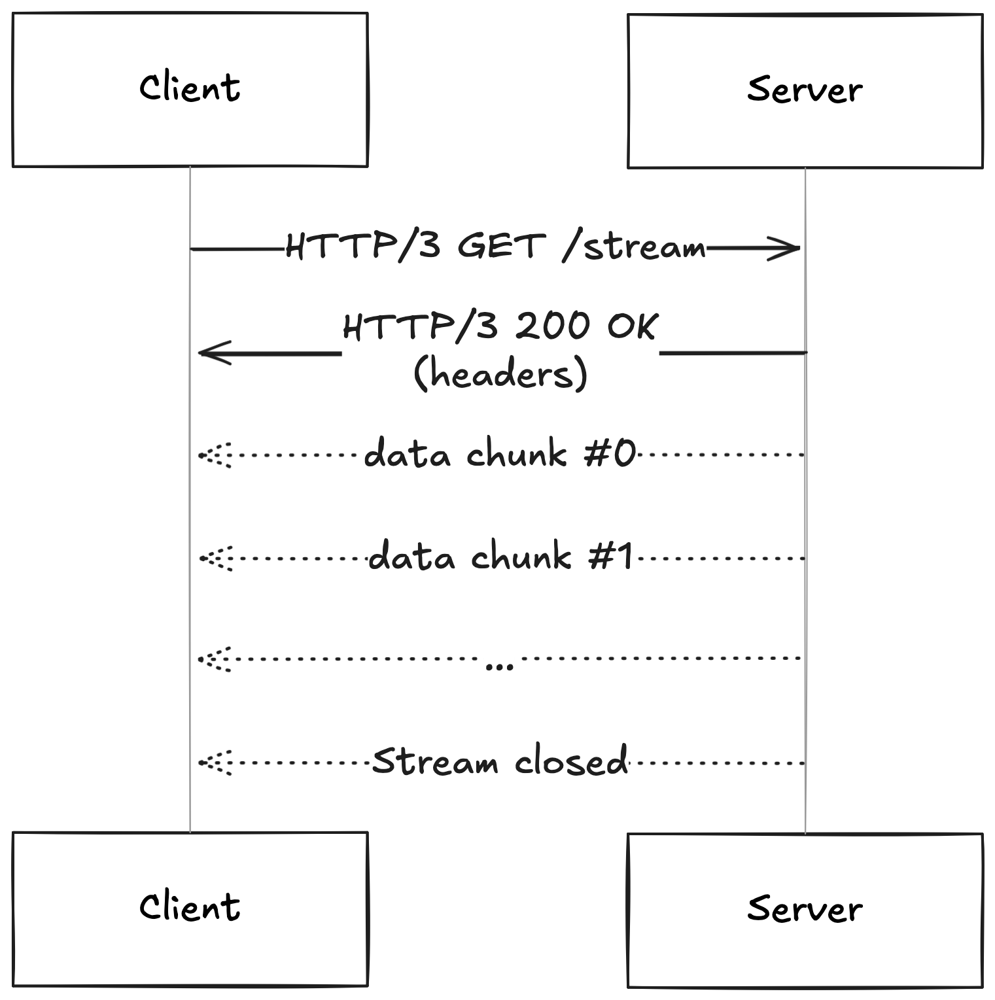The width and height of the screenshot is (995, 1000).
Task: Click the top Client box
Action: click(x=190, y=90)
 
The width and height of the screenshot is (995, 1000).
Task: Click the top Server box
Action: click(x=805, y=91)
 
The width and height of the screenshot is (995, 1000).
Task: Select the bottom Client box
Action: click(x=190, y=908)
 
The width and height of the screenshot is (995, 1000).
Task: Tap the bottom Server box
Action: click(x=805, y=910)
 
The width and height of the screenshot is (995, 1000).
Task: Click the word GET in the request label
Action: click(x=501, y=247)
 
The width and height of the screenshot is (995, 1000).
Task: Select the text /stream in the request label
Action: click(x=634, y=247)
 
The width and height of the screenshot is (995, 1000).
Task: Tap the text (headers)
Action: click(x=500, y=374)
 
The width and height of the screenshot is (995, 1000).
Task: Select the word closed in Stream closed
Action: click(x=571, y=761)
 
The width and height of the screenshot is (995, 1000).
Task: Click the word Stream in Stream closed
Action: click(x=434, y=762)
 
